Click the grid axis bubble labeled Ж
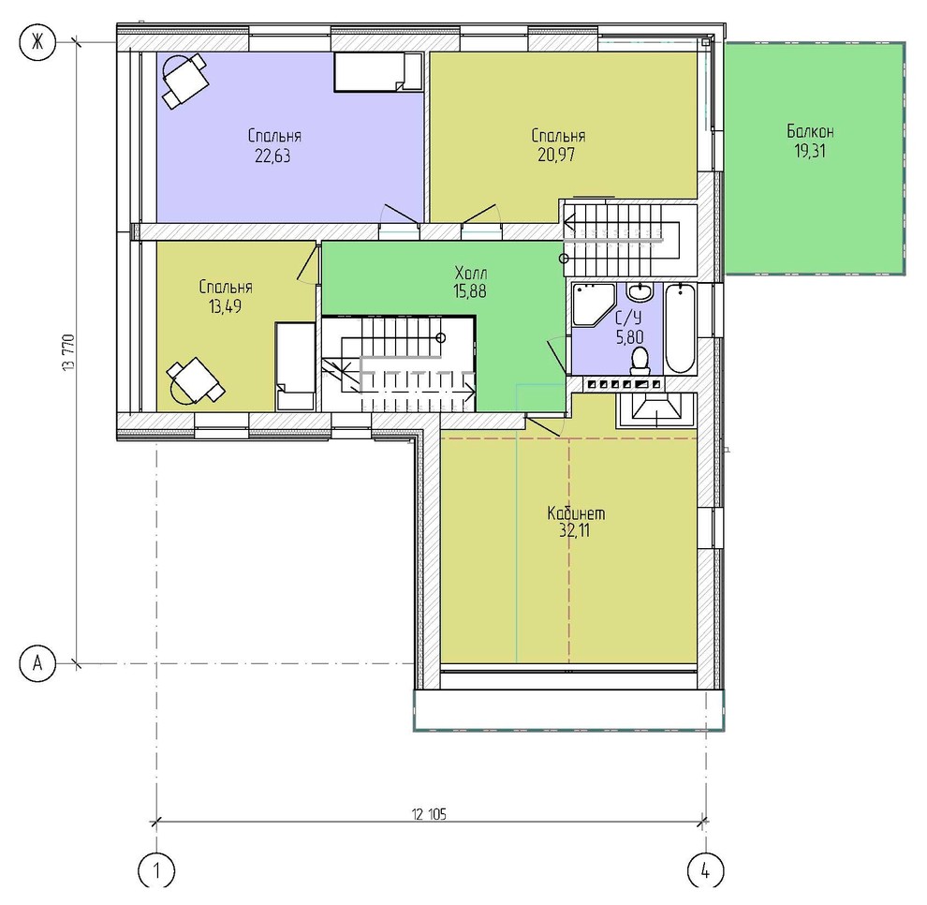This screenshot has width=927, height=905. (x=37, y=41)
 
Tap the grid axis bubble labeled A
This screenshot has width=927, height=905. (x=37, y=663)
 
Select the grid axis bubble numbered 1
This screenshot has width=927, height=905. (x=156, y=870)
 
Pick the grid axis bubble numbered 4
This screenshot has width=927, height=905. (x=706, y=870)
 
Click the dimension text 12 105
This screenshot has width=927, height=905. (x=429, y=814)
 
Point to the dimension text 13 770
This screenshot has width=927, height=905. (x=69, y=352)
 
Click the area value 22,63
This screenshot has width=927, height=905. (x=272, y=156)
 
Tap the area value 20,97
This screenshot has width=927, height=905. (x=556, y=155)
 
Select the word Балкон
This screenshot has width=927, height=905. (x=810, y=131)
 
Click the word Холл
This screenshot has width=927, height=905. (x=471, y=274)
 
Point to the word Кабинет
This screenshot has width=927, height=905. (x=576, y=512)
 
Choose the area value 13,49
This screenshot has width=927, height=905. (x=226, y=306)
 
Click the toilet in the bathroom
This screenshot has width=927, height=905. (x=640, y=361)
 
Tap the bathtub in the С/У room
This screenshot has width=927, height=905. (x=680, y=328)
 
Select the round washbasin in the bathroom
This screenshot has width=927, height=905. (x=640, y=291)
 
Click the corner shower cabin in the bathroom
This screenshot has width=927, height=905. (x=594, y=304)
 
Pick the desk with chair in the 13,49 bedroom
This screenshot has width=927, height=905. (x=195, y=380)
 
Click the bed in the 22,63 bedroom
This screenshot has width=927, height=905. (x=378, y=71)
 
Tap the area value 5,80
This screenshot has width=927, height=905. (x=629, y=337)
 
